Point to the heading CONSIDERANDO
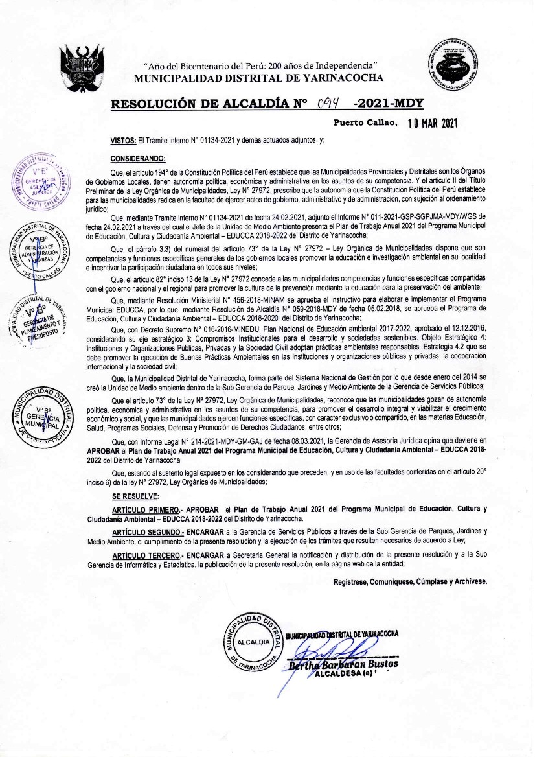point(138,158)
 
